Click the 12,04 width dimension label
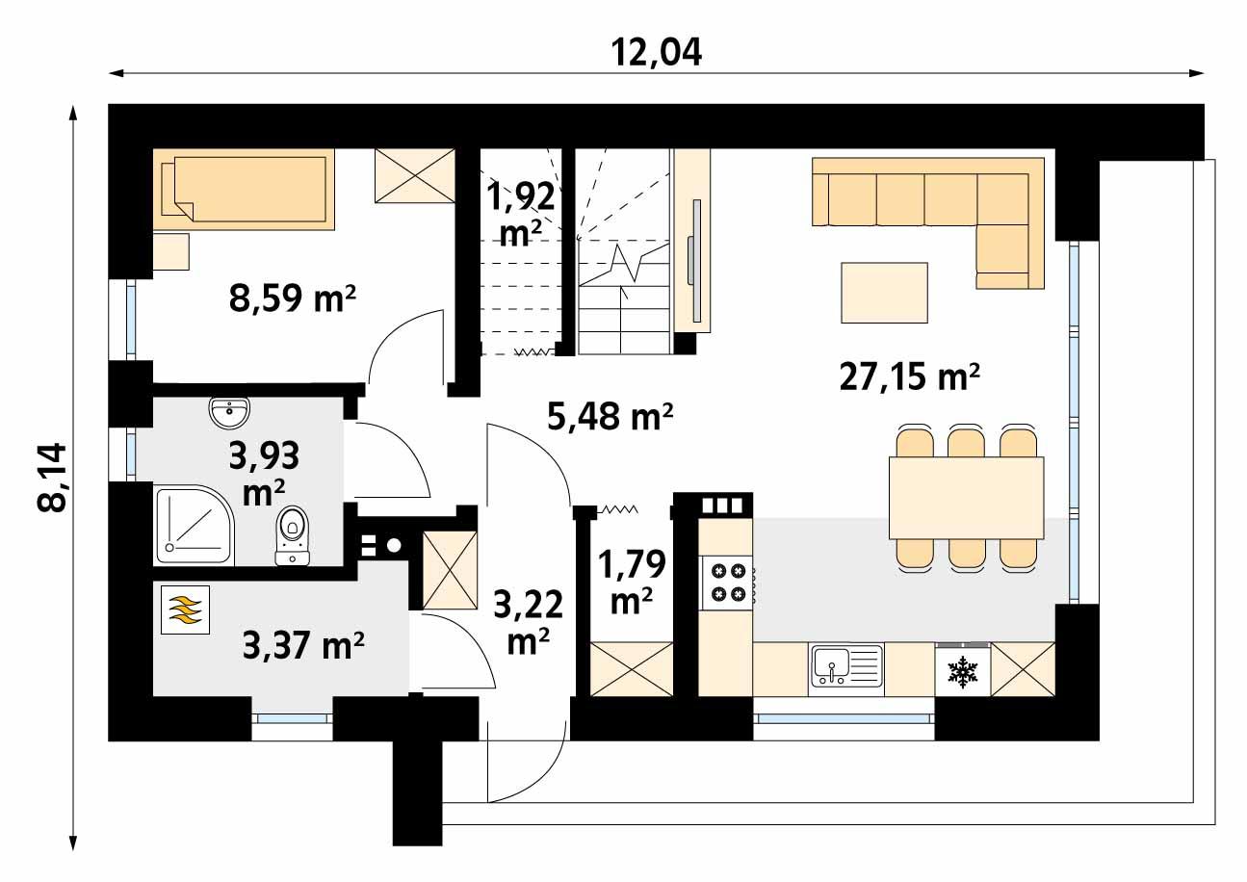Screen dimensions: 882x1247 [657, 51]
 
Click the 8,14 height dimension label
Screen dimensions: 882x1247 [52, 479]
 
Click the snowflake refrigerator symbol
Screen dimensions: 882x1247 [961, 670]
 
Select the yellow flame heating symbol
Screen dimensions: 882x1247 [186, 610]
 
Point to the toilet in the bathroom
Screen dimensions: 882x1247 [292, 535]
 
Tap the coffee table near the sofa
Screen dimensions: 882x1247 [884, 293]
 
